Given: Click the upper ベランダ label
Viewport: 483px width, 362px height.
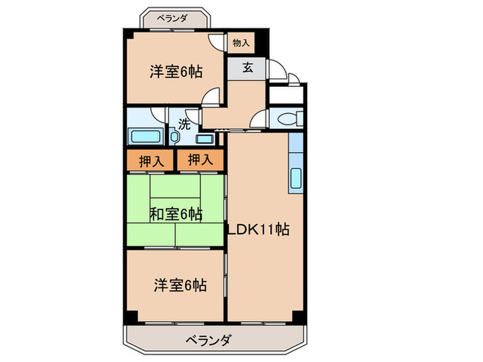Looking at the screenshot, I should point(173,18).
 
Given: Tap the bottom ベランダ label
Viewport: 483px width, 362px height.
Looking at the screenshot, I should point(208,339).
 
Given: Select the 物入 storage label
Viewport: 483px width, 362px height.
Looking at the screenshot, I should point(241,43).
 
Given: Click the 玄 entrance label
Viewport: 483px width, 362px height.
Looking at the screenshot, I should point(246,68).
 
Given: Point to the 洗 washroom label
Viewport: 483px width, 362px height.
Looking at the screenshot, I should point(184,125).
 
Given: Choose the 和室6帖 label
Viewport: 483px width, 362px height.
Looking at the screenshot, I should point(175,214).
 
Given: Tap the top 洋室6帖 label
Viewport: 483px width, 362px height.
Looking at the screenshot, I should point(175,71).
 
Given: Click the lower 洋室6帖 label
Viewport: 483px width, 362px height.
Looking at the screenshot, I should point(179,283).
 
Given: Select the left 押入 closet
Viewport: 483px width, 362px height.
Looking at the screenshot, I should point(150,161).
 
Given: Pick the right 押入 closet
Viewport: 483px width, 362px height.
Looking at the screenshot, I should point(200,161).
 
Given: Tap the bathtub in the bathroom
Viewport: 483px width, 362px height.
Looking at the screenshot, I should point(144,135).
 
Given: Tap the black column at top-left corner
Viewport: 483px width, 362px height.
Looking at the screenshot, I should point(128,34).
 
